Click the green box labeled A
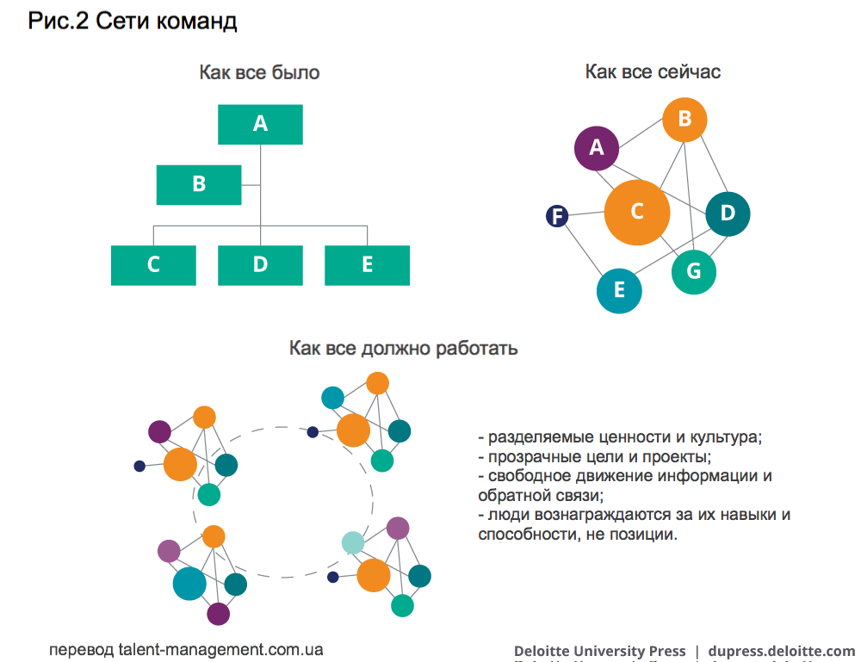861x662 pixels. click(x=260, y=124)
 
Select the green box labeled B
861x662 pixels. click(x=199, y=184)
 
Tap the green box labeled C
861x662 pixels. click(x=153, y=264)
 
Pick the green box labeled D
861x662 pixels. click(x=260, y=264)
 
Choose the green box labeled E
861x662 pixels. click(x=367, y=264)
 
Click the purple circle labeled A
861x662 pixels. click(x=597, y=147)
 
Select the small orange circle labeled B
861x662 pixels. click(x=684, y=120)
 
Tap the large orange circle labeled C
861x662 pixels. click(x=637, y=211)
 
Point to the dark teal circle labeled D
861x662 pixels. click(x=728, y=213)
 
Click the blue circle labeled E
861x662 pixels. click(x=619, y=289)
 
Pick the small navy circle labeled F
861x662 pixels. click(x=558, y=216)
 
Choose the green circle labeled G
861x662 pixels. click(x=694, y=271)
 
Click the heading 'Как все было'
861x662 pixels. click(x=259, y=72)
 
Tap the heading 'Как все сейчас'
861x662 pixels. click(x=653, y=71)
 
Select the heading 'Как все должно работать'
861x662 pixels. click(x=403, y=349)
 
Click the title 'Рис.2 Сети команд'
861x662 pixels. click(x=133, y=22)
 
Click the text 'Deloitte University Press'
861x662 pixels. click(x=600, y=651)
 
